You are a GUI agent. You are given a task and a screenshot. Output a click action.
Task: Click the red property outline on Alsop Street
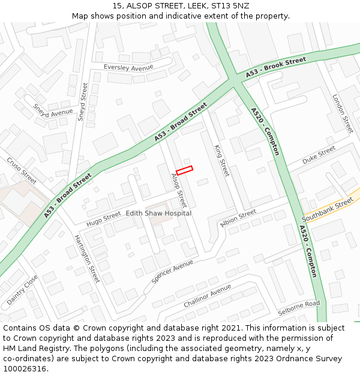(184, 170)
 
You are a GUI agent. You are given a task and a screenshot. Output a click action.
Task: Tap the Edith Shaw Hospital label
(158, 213)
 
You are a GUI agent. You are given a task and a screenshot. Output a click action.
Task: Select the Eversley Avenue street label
(128, 68)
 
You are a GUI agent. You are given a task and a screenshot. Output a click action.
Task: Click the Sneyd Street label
(83, 102)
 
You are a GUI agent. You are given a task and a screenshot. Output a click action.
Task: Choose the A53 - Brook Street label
(276, 68)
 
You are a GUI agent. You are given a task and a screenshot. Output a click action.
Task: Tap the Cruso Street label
(22, 170)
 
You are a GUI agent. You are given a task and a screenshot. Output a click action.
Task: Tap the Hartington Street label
(87, 259)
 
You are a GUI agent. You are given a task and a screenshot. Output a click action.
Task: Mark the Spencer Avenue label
(173, 272)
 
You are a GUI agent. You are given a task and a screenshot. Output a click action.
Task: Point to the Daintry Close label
(22, 289)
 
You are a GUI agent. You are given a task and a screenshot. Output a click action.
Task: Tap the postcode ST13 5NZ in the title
(230, 5)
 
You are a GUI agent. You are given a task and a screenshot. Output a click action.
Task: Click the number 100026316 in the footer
(25, 368)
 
